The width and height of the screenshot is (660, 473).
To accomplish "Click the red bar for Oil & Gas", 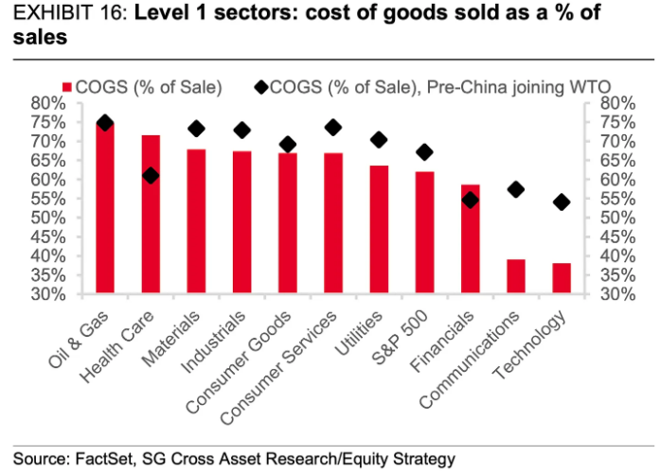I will [105, 208].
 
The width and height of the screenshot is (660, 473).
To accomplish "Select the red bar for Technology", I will [562, 278].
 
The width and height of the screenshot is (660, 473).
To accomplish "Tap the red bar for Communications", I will [516, 276].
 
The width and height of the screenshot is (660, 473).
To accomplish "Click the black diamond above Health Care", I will [151, 176].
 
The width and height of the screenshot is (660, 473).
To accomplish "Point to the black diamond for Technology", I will [562, 201].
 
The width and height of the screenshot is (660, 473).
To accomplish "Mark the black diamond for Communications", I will [516, 189].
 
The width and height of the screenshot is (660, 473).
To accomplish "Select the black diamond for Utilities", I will [379, 140].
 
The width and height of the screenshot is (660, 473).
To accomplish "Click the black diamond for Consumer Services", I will [333, 127].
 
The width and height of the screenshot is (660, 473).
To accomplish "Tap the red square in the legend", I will [67, 87].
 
